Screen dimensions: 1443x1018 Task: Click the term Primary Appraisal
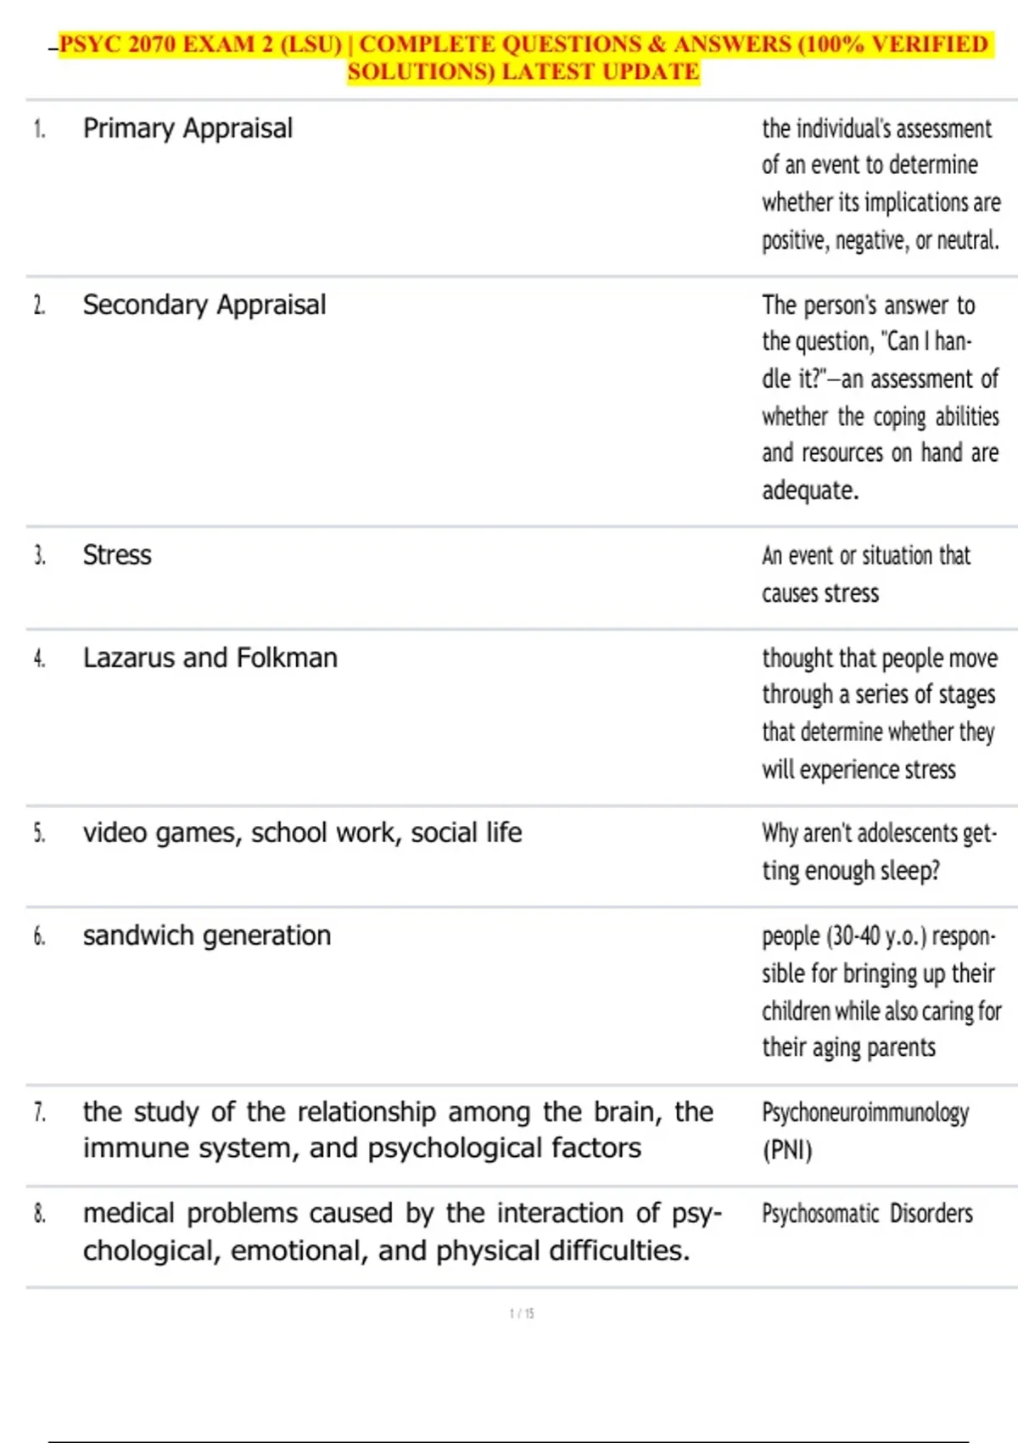187,129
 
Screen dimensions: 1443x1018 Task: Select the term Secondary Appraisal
204,306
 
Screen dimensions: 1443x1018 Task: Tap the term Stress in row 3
117,555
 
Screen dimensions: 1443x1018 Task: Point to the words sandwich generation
207,935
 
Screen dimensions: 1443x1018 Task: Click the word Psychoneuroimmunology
865,1113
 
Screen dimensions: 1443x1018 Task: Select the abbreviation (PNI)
787,1151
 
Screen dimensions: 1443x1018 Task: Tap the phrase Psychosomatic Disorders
867,1214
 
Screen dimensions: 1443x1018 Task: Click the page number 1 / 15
522,1314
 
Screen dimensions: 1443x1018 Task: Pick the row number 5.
39,834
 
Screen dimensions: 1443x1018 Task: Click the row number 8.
39,1214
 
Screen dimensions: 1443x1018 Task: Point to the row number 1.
39,129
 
